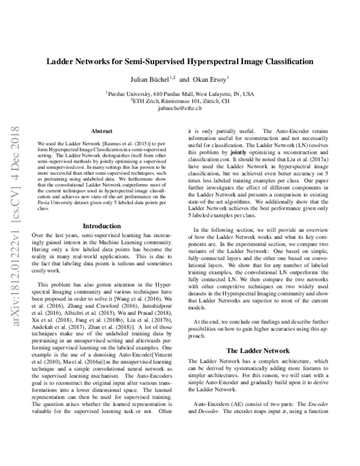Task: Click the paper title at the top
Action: tap(180, 61)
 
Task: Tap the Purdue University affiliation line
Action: tap(180, 94)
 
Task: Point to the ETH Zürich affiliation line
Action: tap(180, 101)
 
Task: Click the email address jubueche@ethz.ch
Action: tap(180, 109)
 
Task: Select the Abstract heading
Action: tap(101, 130)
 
